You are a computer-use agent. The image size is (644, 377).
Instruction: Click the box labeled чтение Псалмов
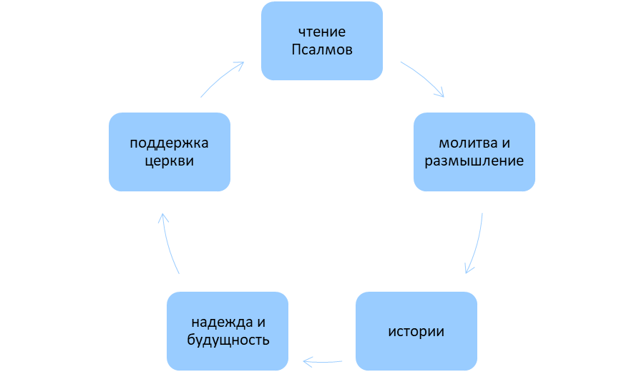[x=321, y=41]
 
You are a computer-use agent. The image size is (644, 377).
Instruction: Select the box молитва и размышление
[x=474, y=151]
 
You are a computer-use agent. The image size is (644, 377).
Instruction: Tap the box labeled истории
[x=416, y=331]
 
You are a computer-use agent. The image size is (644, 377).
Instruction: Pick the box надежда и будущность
[x=227, y=330]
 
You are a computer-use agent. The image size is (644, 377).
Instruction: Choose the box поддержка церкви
[x=170, y=151]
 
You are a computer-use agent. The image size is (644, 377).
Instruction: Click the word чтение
[x=321, y=32]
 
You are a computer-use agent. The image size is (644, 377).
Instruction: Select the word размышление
[x=474, y=161]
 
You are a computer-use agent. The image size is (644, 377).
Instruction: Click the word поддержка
[x=170, y=142]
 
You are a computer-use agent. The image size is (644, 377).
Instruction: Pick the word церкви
[x=170, y=161]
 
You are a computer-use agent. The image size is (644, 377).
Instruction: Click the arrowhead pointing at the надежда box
[x=307, y=362]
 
